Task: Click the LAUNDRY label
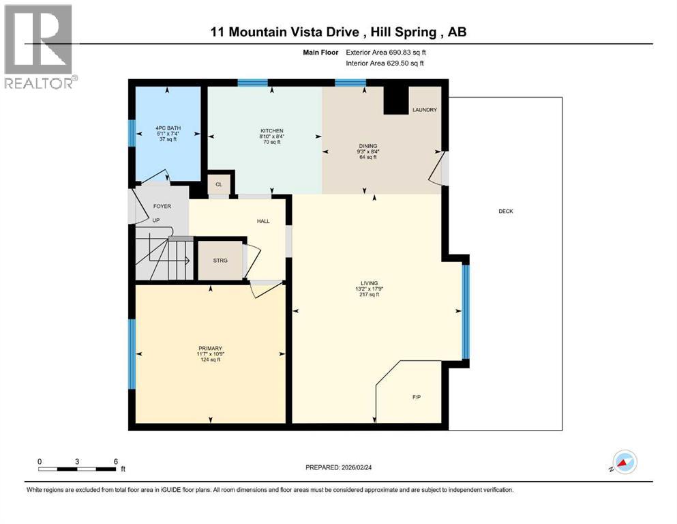pyautogui.click(x=424, y=110)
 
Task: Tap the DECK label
pyautogui.click(x=505, y=212)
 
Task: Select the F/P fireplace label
pyautogui.click(x=416, y=397)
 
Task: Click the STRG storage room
pyautogui.click(x=220, y=261)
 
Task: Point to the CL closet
pyautogui.click(x=219, y=184)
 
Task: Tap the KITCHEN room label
pyautogui.click(x=271, y=131)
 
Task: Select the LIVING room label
pyautogui.click(x=370, y=283)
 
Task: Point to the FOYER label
pyautogui.click(x=162, y=206)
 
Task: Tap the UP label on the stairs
pyautogui.click(x=155, y=220)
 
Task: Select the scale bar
pyautogui.click(x=77, y=469)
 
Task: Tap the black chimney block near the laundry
pyautogui.click(x=394, y=100)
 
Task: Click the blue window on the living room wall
pyautogui.click(x=466, y=312)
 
